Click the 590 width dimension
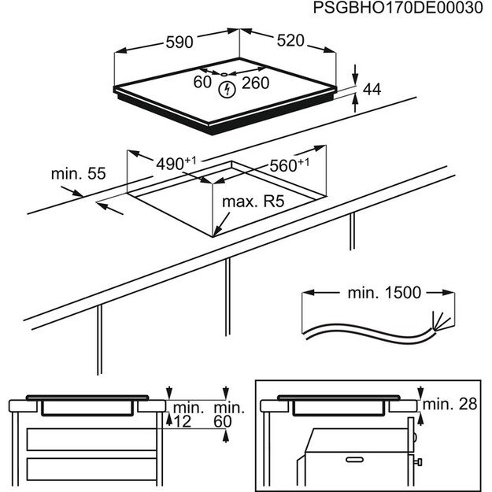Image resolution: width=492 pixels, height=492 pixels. tap(179, 42)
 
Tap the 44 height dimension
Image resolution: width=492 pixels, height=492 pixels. tap(372, 91)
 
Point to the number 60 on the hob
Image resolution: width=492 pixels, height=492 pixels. tap(202, 82)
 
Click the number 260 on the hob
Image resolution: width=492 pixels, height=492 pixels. tap(255, 83)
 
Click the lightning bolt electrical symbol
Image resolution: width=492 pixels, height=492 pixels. tap(227, 89)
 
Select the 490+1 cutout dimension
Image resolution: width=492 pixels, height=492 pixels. tap(176, 163)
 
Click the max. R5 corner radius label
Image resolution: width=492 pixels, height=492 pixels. tap(252, 202)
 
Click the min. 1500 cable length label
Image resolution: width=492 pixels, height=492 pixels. tap(384, 292)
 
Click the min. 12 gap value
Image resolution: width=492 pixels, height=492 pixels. tap(188, 415)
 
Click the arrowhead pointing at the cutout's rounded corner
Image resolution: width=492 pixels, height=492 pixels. tap(217, 230)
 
